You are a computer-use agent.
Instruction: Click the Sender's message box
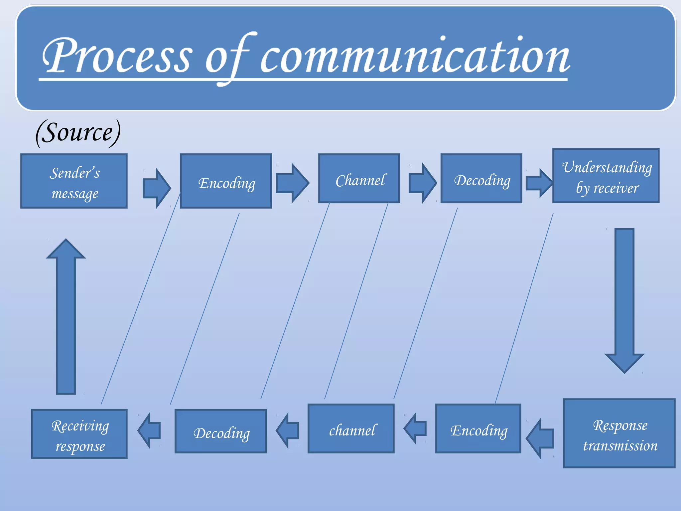pos(74,181)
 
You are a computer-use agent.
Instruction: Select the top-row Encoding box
pos(226,181)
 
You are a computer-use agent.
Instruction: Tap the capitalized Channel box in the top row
pos(359,179)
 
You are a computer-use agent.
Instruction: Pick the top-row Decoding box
pos(481,179)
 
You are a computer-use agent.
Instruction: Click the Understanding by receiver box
pos(606,176)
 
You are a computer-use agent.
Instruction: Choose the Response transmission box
pos(619,433)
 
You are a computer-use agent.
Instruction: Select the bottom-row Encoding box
pos(478,429)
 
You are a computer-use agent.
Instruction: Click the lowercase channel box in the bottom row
pos(351,429)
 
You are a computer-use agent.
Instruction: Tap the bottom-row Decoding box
pos(221,431)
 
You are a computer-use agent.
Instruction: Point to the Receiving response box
pos(79,434)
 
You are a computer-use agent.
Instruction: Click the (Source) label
pos(78,132)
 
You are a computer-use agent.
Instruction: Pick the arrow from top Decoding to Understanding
pos(539,183)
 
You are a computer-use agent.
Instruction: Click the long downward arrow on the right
pos(624,299)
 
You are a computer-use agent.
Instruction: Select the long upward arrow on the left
pos(66,316)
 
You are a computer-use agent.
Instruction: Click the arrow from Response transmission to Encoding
pos(540,438)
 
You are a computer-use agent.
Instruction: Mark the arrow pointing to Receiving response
pos(149,430)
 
